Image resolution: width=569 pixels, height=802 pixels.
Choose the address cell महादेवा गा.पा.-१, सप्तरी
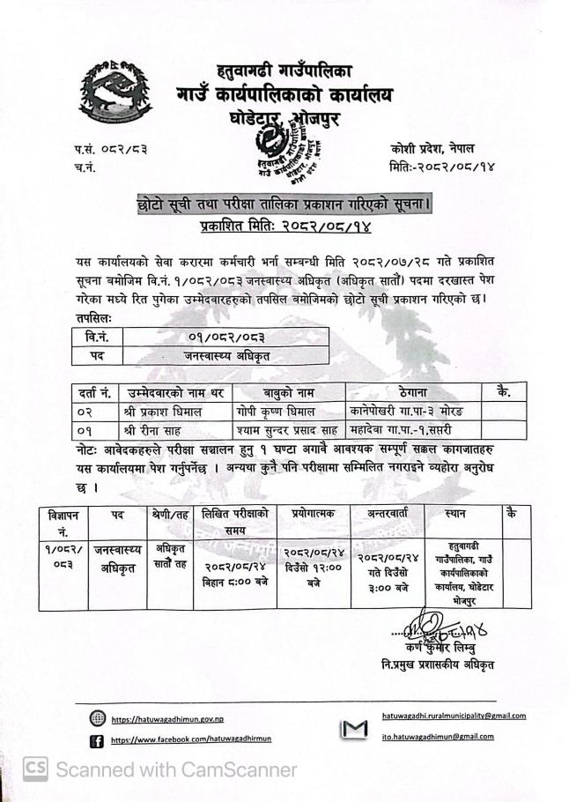click(410, 429)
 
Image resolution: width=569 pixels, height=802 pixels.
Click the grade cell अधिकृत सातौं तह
click(165, 554)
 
